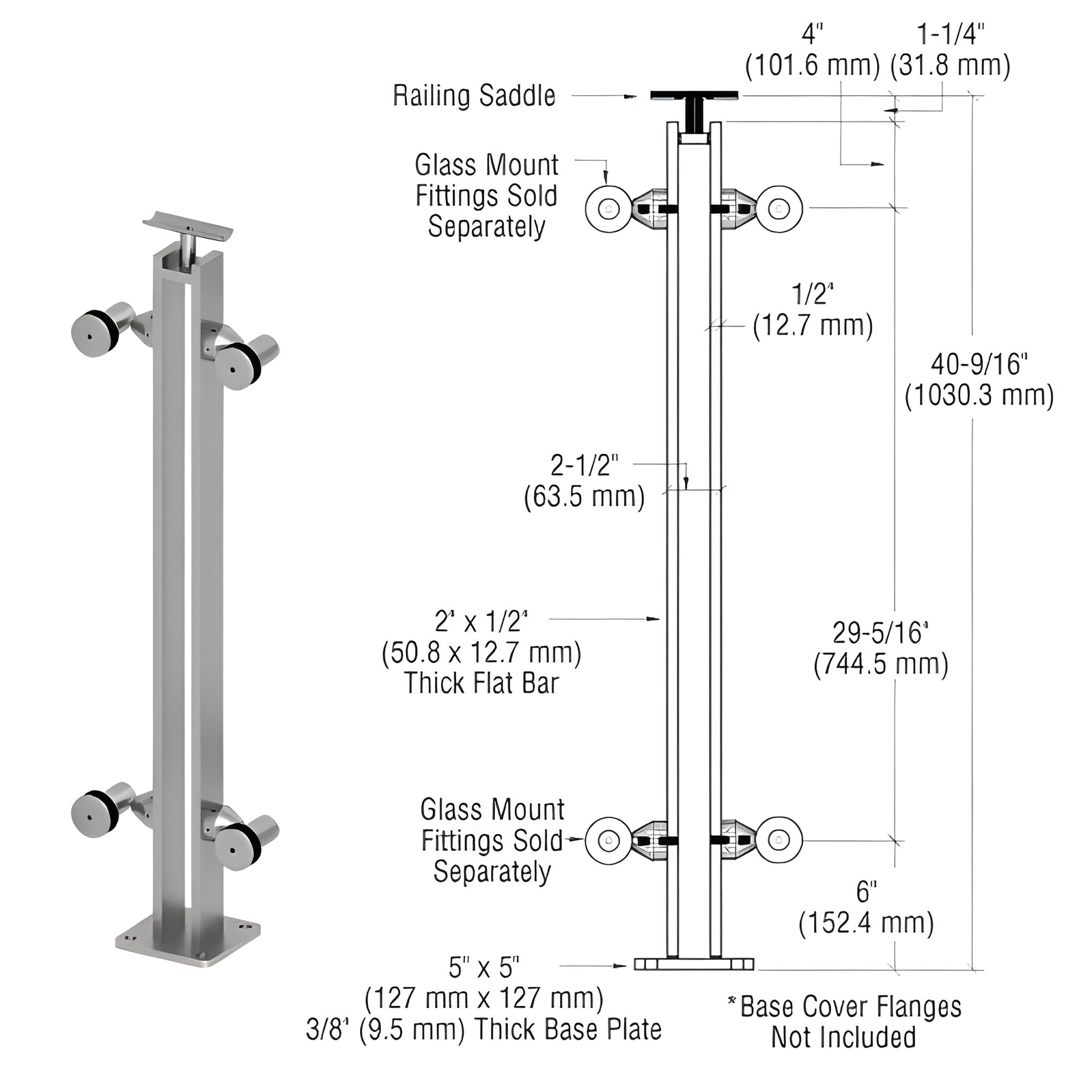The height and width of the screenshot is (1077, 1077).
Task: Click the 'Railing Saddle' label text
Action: (474, 96)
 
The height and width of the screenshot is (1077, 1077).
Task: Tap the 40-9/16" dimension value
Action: (979, 365)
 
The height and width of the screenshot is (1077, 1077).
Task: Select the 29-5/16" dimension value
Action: (880, 633)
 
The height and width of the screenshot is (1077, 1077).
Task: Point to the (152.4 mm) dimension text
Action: (866, 923)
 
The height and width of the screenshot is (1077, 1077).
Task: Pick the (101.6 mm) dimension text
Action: (812, 66)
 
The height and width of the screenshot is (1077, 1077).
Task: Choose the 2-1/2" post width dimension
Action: (584, 465)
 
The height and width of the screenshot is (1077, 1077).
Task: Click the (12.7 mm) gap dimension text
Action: (813, 325)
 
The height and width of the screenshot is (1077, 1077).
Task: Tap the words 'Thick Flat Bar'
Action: (481, 683)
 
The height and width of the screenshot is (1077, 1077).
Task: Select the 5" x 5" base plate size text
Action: (484, 968)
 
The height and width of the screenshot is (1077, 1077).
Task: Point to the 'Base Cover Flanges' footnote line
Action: (850, 1007)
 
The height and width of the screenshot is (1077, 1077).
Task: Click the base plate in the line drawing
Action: (693, 964)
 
